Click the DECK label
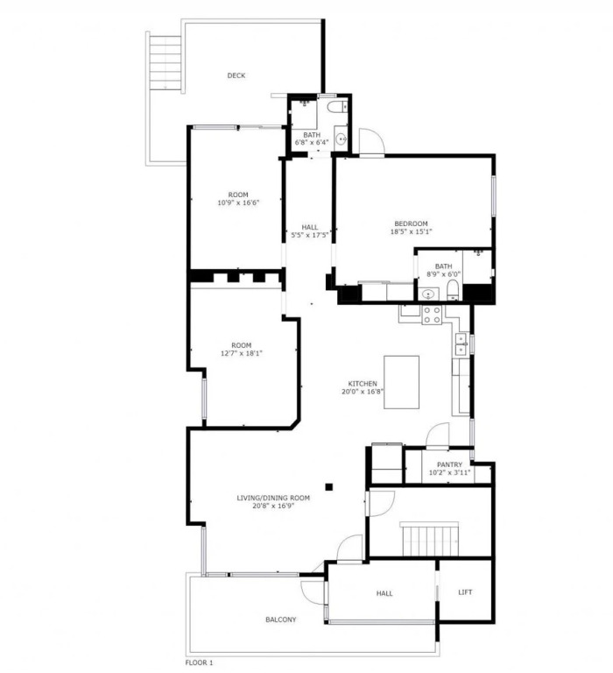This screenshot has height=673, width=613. coord(236,75)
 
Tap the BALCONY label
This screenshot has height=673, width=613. coord(281,620)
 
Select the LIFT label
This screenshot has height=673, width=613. coord(465,592)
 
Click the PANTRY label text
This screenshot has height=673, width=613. coord(449,464)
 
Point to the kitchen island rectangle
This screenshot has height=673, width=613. coord(402,382)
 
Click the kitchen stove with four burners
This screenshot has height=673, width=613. coord(432,315)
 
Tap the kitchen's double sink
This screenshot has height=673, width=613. coord(461,344)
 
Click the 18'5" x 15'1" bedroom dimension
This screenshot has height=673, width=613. coord(411,231)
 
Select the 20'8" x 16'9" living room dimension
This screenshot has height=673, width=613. coord(273,506)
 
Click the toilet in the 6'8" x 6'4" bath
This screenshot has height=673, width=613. coord(337,106)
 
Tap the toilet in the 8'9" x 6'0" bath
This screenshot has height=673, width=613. coord(453,290)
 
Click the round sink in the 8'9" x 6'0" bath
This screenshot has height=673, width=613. coord(427,294)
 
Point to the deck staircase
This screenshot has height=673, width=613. coord(166,63)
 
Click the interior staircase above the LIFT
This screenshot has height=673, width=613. coord(430,539)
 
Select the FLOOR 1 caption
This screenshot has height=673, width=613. coord(199,663)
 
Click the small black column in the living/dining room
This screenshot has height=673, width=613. coord(329,486)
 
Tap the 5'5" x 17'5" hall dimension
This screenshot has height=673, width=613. coord(310,235)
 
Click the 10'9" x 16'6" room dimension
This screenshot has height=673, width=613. coord(238,202)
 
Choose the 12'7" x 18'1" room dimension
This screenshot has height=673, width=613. coord(242,353)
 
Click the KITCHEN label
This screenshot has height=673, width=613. coord(363,384)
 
